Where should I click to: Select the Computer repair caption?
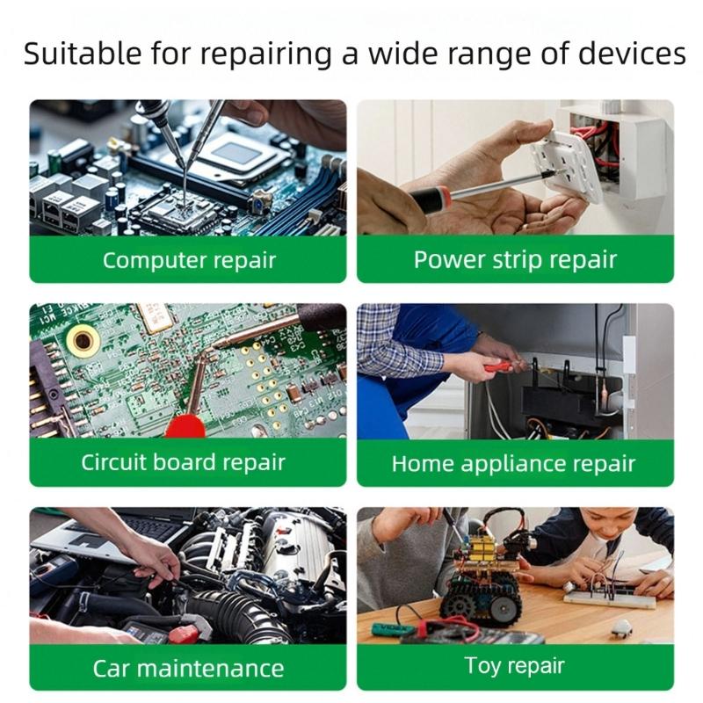(x=188, y=260)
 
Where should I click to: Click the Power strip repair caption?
(x=515, y=260)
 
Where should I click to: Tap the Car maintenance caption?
(x=188, y=668)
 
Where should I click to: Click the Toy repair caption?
(x=515, y=666)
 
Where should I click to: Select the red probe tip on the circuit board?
(x=185, y=425)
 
